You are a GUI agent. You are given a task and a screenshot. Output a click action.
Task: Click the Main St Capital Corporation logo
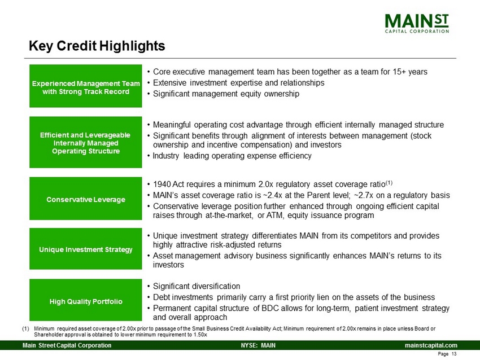point(417,23)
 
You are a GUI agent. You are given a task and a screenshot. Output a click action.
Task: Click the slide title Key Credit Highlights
point(97,46)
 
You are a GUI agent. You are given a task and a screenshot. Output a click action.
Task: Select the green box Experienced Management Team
point(86,86)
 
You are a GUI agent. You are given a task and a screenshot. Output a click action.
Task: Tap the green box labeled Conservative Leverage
point(86,199)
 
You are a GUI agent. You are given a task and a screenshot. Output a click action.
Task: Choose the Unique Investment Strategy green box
point(86,249)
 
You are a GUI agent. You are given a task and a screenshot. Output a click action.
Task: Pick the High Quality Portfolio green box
point(86,300)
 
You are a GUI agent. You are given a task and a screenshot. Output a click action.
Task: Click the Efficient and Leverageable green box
point(86,142)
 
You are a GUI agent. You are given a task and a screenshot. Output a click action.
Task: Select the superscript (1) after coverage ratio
point(389,183)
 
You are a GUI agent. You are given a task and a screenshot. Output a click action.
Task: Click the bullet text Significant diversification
point(197,286)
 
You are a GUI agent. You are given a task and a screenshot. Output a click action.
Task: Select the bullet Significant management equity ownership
point(226,94)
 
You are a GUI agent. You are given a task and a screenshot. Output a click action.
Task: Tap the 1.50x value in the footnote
point(201,335)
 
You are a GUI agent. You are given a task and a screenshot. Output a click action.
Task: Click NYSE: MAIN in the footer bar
point(258,345)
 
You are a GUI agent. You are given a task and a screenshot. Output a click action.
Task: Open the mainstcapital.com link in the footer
point(431,345)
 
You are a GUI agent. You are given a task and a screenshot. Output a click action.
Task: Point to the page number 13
point(454,354)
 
